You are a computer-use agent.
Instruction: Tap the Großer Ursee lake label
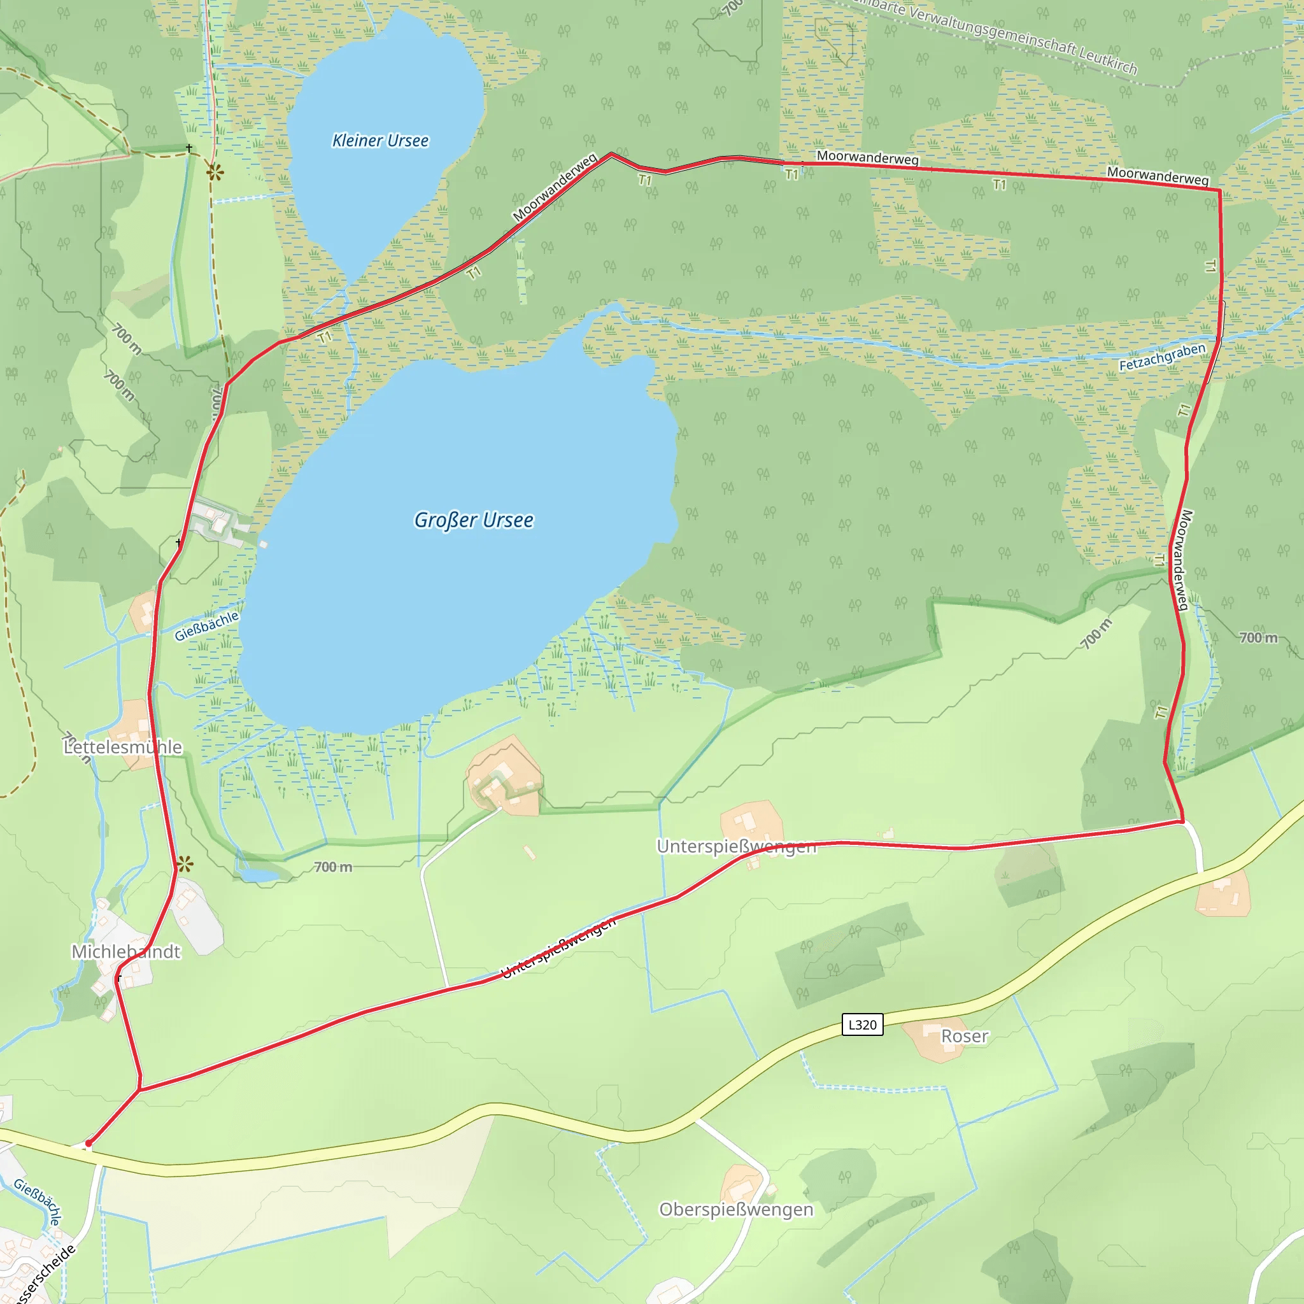coord(473,520)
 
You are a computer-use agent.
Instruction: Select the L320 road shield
coord(862,1024)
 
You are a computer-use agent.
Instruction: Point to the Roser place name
coord(965,1036)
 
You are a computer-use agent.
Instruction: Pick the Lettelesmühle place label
coord(123,747)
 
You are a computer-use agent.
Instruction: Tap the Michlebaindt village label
coord(126,952)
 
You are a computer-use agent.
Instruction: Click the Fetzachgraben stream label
coord(1162,357)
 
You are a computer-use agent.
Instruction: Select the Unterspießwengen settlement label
coord(737,846)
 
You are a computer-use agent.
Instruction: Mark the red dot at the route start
coord(89,1144)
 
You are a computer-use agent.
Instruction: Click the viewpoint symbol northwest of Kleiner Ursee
coord(215,173)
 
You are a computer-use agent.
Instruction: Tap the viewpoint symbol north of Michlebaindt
coord(185,863)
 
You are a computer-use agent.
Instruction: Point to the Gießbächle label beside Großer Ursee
coord(206,627)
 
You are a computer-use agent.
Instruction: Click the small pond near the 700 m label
coord(257,875)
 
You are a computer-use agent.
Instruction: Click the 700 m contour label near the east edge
coord(1258,637)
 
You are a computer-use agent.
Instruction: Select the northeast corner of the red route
coord(1219,191)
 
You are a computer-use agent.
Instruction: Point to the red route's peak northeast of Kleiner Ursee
coord(611,154)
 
